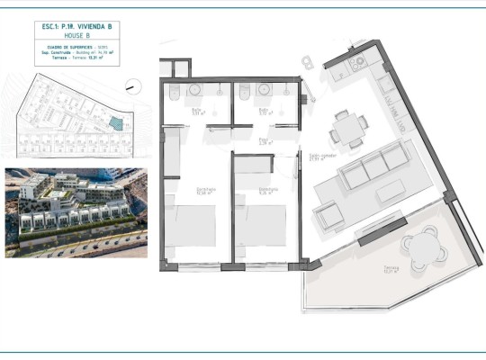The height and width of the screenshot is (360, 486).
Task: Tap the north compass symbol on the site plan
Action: pos(134,87)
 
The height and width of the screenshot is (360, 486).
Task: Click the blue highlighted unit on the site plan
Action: pos(112,122)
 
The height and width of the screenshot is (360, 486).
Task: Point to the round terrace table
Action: pos(419,244)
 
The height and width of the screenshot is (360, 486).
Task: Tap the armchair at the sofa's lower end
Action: pos(328,216)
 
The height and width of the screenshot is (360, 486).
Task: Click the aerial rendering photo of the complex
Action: pos(74,212)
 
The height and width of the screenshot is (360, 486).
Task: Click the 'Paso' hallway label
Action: pos(264,140)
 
